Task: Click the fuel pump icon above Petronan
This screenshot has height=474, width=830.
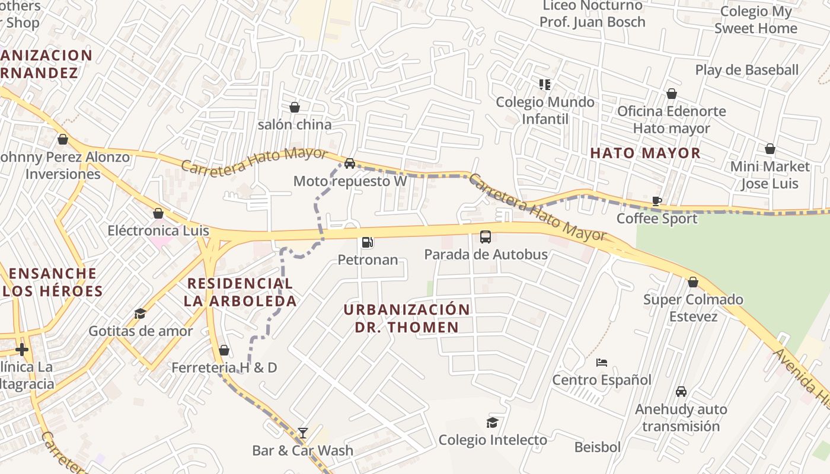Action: coord(367,242)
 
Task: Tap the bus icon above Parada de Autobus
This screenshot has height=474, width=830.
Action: coord(485,237)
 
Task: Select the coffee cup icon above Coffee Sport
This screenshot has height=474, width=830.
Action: coord(656,201)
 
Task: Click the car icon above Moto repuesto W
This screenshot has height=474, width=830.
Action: coord(350,164)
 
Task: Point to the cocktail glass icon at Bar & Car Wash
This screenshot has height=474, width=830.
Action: coord(303,433)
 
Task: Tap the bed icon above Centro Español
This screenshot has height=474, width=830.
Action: coord(602,362)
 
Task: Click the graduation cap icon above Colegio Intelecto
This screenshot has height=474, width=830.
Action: coord(492,422)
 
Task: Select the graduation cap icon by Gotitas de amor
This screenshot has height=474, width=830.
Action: coord(141,313)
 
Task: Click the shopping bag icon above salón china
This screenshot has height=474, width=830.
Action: coord(294,107)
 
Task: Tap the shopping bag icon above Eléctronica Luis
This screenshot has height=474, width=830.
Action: coord(158,213)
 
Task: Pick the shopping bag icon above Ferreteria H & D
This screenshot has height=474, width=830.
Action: coord(224,350)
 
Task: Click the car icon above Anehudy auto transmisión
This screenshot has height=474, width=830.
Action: coord(681,392)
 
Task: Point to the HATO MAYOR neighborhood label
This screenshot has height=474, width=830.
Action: coord(645,153)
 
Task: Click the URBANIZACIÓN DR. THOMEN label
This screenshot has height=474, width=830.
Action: coord(407,318)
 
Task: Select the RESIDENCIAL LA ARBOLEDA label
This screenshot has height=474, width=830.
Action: coord(240,292)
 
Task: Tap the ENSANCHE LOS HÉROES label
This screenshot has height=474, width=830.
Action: coord(53,282)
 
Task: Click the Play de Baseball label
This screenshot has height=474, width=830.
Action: coord(746,70)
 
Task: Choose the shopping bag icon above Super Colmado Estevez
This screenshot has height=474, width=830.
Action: coord(693,282)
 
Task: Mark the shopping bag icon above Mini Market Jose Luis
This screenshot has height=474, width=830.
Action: coord(770,149)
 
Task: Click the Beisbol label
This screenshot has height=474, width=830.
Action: coord(597,447)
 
